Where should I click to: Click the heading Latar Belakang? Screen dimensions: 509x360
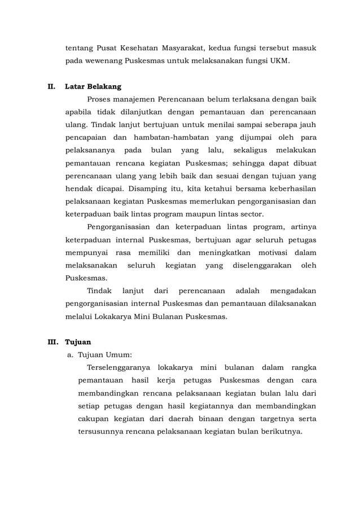pos(93,87)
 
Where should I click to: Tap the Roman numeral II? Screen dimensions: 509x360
pos(51,87)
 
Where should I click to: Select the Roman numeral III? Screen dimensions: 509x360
pos(52,341)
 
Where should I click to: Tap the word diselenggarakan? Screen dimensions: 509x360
pos(258,265)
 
